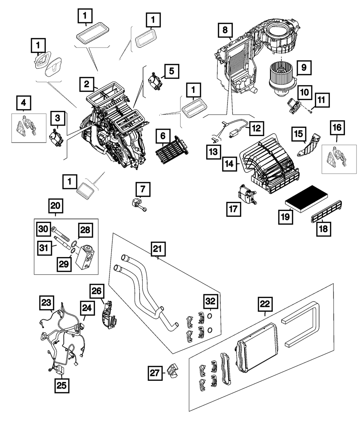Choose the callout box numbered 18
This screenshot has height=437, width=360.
click(324, 229)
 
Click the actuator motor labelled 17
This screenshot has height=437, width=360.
click(247, 194)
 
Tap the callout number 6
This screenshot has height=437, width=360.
click(163, 137)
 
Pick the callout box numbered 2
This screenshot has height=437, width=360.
click(87, 85)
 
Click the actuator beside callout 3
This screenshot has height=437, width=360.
click(56, 139)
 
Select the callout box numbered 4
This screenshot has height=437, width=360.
click(23, 103)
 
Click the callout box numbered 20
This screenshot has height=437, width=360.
click(56, 206)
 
